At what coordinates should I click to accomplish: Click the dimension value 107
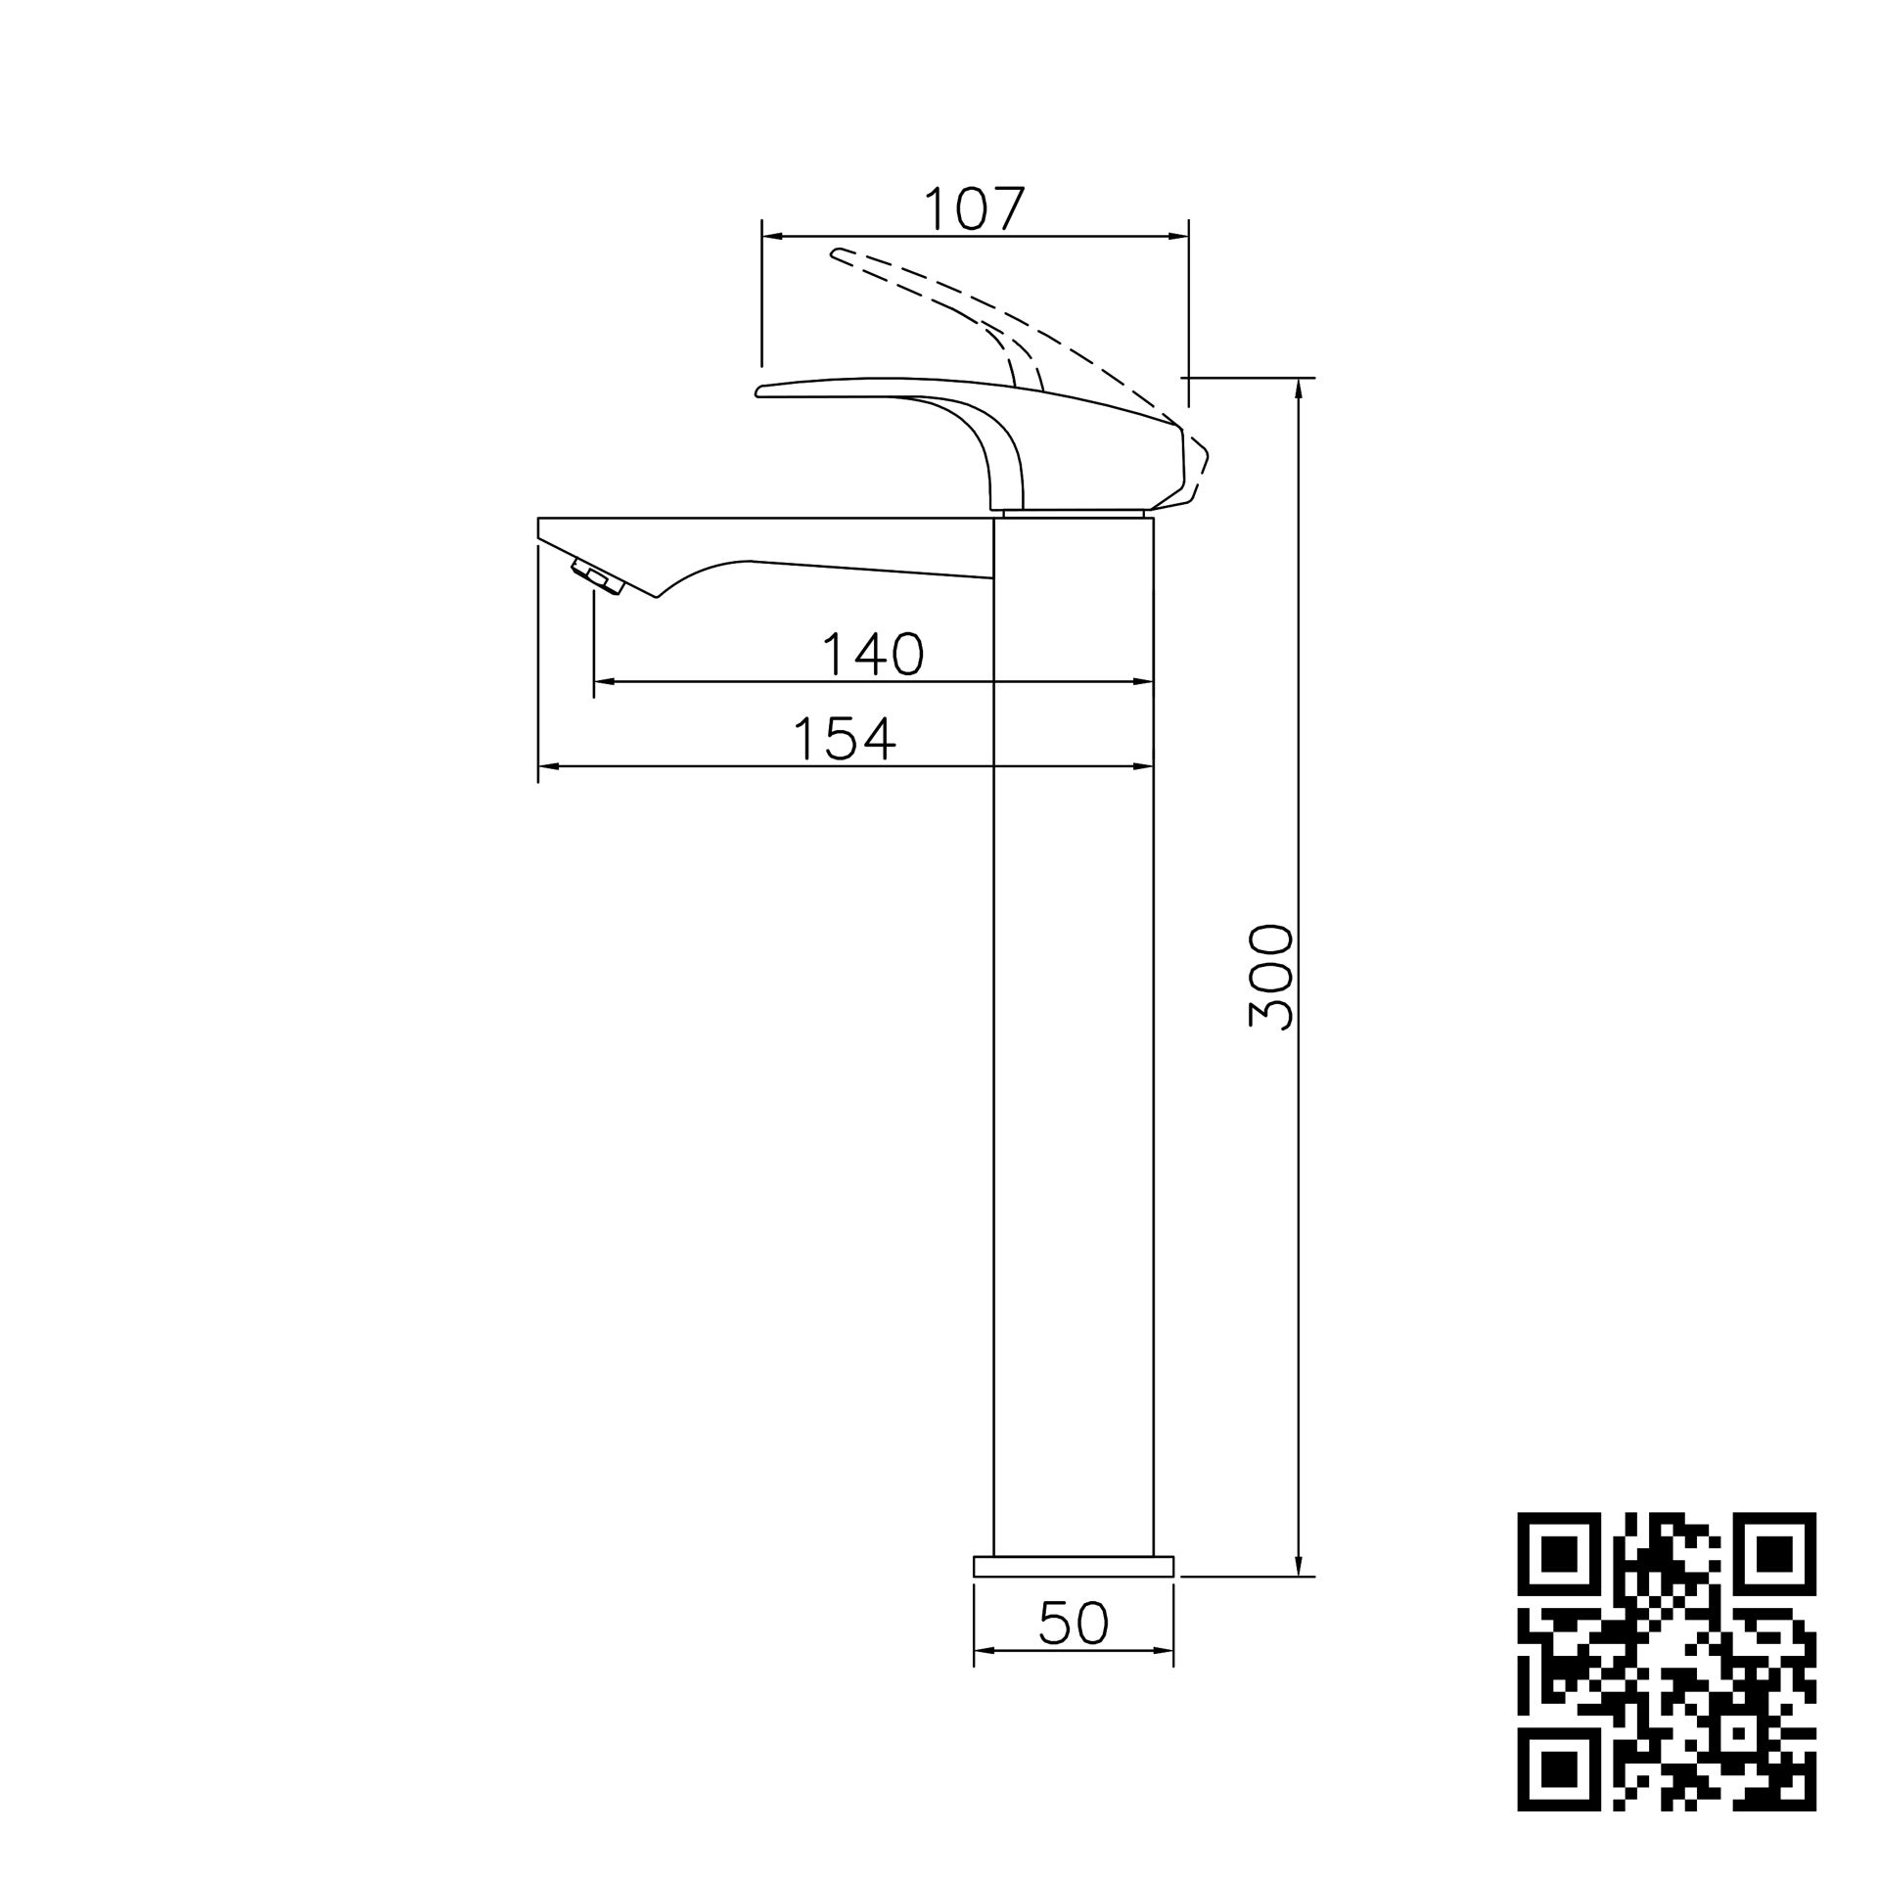974,208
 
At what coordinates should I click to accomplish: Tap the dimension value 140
873,655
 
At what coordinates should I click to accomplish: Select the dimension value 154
845,740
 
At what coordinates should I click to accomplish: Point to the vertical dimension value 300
1271,976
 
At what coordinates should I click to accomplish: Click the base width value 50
1074,1624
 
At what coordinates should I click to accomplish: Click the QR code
1666,1660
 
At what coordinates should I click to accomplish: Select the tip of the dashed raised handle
835,254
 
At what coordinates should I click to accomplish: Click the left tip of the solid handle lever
760,391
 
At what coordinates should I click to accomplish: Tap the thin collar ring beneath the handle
1074,513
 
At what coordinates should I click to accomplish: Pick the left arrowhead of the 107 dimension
770,236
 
